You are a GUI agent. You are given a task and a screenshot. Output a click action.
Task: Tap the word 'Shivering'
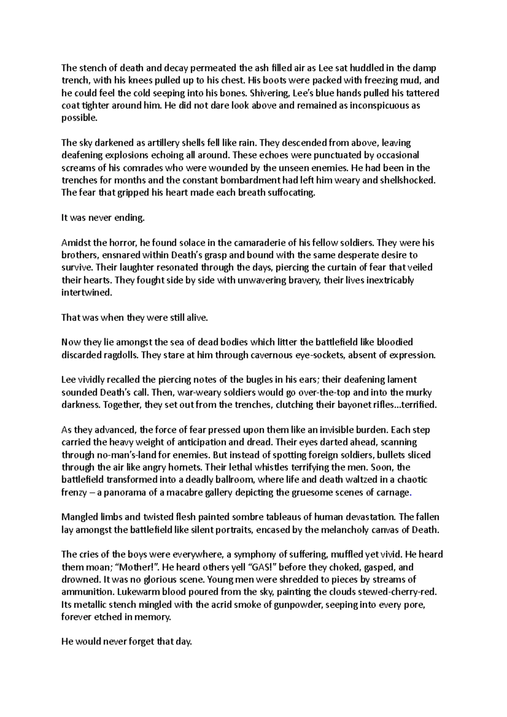(267, 93)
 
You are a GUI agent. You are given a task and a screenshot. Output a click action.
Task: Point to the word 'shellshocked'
(409, 180)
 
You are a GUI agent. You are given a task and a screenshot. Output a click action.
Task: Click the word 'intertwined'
(87, 293)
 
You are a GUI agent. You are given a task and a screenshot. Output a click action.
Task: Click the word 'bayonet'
(355, 405)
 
